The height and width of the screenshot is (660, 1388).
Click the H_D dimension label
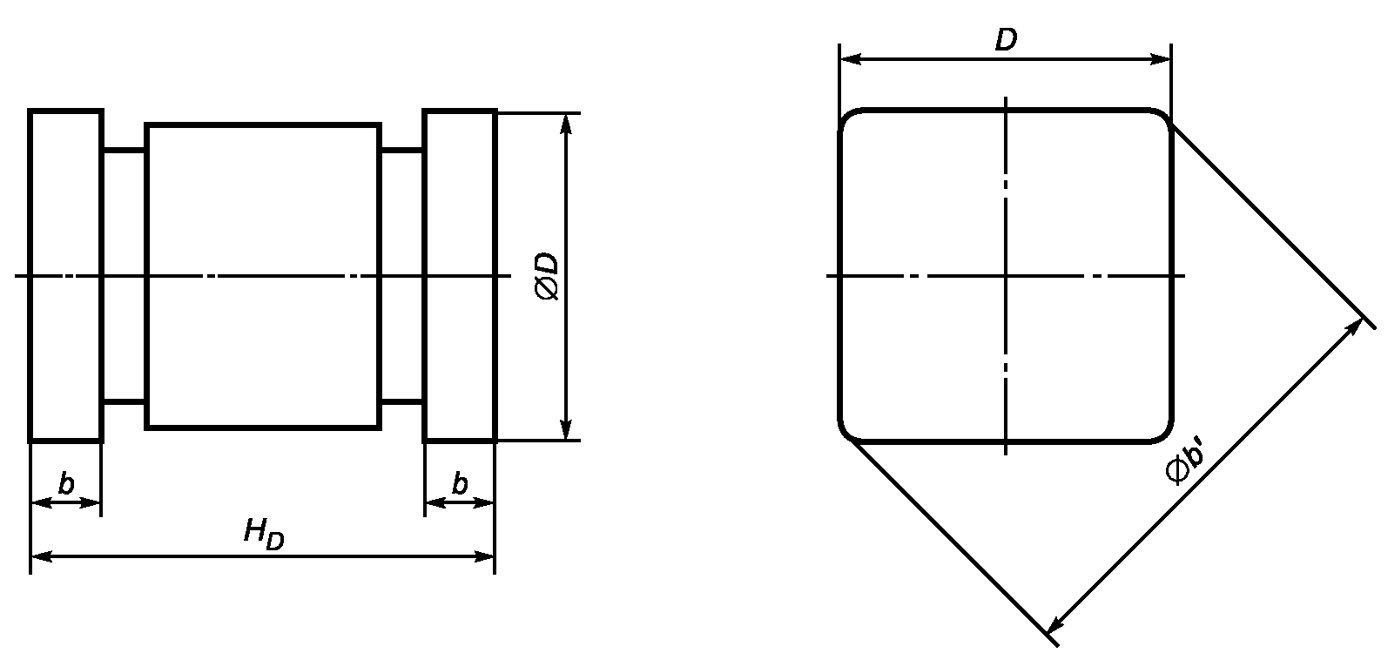[x=264, y=535]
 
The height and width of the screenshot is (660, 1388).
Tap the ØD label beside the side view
[x=548, y=276]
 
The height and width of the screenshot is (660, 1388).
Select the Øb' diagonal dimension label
[x=1185, y=463]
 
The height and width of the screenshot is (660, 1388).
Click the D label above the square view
[x=1007, y=40]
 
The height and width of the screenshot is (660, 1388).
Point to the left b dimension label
[x=66, y=483]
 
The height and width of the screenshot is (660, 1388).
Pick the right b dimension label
[x=460, y=483]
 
